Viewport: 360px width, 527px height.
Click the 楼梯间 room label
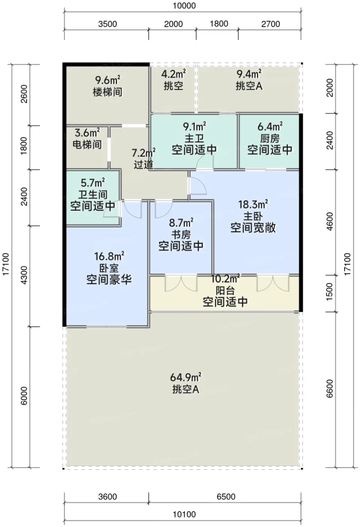pyautogui.click(x=108, y=92)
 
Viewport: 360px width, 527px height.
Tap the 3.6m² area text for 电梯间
pyautogui.click(x=87, y=133)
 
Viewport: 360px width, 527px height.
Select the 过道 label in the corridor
pyautogui.click(x=143, y=164)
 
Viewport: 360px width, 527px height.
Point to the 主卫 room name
pyautogui.click(x=194, y=139)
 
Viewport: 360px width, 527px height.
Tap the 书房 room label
pyautogui.click(x=181, y=234)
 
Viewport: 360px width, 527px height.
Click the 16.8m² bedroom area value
pyautogui.click(x=109, y=256)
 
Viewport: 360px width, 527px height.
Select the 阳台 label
pyautogui.click(x=225, y=291)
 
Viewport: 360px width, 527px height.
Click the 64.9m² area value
pyautogui.click(x=185, y=377)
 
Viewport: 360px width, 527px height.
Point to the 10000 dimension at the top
pyautogui.click(x=184, y=5)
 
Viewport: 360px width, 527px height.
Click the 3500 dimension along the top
pyautogui.click(x=108, y=24)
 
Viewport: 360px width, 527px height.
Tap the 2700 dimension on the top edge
pyautogui.click(x=270, y=24)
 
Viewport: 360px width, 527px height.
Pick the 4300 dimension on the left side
pyautogui.click(x=24, y=275)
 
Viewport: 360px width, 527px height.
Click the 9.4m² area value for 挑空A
pyautogui.click(x=249, y=75)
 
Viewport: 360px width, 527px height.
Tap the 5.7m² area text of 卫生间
pyautogui.click(x=93, y=183)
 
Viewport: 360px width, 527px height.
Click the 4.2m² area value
pyautogui.click(x=173, y=75)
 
